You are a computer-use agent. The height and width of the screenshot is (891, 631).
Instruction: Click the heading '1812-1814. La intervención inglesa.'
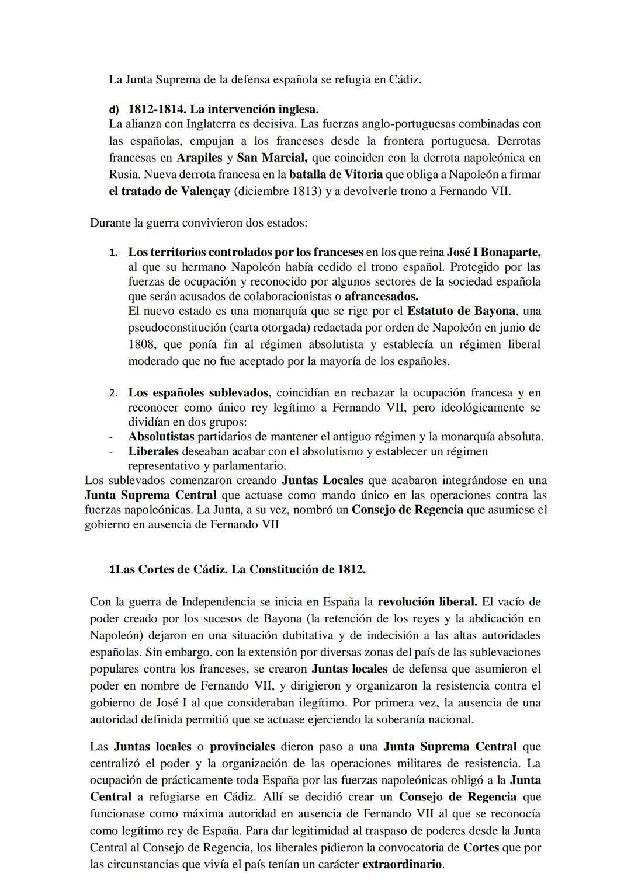point(223,109)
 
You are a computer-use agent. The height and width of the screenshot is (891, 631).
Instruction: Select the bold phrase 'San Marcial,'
point(272,158)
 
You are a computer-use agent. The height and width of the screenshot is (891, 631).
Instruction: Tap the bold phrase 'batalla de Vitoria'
point(336,174)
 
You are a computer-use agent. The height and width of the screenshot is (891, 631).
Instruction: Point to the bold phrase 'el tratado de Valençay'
point(169,191)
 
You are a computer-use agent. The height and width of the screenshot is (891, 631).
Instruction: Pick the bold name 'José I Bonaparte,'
point(494,252)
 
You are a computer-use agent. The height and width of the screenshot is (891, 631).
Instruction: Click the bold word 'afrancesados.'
point(382,295)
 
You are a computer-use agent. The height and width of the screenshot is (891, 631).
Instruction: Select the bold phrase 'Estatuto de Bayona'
point(462,310)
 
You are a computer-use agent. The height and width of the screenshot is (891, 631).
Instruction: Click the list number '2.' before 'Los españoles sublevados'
point(113,393)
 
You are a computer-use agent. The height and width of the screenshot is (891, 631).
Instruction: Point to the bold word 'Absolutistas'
point(161,436)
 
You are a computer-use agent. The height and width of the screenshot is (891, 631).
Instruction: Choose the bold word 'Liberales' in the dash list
point(154,451)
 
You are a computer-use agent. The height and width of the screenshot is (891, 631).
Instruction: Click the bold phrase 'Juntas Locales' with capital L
point(323,481)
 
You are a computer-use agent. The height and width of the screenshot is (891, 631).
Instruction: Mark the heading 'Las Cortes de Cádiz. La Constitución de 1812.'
point(240,570)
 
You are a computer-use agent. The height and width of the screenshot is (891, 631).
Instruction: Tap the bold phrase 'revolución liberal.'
point(428,601)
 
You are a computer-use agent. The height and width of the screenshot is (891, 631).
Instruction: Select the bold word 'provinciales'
point(242,747)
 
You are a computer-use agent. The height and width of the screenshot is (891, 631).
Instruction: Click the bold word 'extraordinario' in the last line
point(403,864)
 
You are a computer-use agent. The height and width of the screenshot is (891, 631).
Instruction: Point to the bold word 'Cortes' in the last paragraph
point(481,847)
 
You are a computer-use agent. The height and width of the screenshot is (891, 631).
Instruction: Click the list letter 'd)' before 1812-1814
point(113,110)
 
